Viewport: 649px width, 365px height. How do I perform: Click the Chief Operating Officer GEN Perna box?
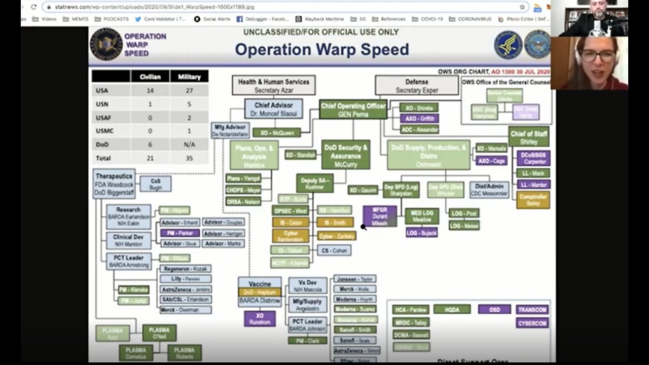click(x=352, y=109)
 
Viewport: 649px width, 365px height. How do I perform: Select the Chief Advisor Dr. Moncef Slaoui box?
click(x=273, y=109)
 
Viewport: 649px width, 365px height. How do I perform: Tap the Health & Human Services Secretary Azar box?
click(x=273, y=85)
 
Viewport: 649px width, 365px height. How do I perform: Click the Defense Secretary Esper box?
click(x=416, y=85)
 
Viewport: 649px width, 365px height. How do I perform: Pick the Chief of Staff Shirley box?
click(x=528, y=136)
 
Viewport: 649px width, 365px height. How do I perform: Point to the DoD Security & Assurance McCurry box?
click(x=346, y=155)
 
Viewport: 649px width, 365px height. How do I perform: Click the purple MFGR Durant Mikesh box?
click(x=380, y=216)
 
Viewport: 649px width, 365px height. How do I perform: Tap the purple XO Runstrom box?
click(x=259, y=319)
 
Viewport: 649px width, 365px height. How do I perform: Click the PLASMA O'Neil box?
click(x=159, y=333)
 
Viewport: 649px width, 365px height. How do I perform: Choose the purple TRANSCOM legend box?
click(x=532, y=309)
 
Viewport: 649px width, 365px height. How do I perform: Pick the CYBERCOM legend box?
click(x=532, y=323)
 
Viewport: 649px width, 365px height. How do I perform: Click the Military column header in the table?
click(x=189, y=77)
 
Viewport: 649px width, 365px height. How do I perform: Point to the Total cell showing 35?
click(x=189, y=158)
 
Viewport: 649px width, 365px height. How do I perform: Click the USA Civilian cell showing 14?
click(x=150, y=91)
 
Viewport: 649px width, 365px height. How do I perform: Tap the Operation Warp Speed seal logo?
click(x=106, y=44)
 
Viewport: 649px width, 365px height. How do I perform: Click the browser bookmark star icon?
click(x=522, y=7)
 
